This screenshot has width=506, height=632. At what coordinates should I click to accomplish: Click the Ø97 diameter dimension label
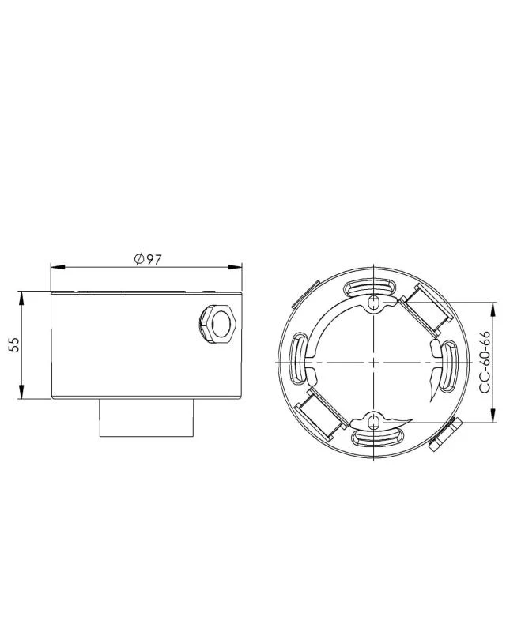coord(148,259)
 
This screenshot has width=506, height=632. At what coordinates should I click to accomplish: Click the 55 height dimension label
coord(14,344)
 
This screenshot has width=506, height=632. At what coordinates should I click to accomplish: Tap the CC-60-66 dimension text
coord(485,362)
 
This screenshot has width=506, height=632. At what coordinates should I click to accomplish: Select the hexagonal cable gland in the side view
coord(217,324)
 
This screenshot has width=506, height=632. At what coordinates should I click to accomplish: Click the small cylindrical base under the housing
coord(147,418)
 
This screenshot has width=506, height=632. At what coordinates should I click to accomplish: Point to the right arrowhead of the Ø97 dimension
coord(235,267)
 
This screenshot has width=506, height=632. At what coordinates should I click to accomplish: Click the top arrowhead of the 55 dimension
coord(21,298)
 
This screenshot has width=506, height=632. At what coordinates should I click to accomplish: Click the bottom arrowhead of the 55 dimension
coord(21,392)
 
